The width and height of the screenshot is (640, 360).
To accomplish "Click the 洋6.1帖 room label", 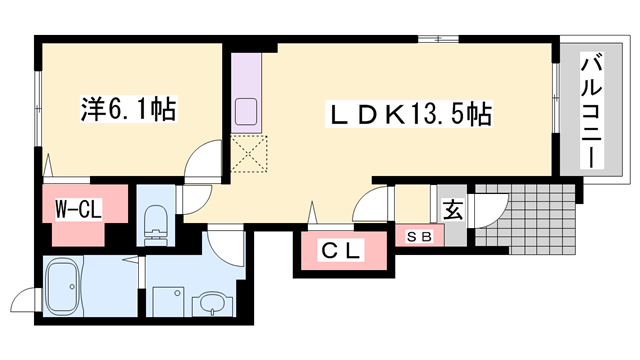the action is tap(129, 109).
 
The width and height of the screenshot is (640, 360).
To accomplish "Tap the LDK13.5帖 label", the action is tap(409, 114).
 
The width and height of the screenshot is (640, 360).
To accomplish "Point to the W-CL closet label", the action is tap(78, 210).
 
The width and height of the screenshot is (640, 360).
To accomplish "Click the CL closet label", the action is tap(342, 250).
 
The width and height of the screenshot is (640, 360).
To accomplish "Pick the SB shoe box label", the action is tap(419, 237).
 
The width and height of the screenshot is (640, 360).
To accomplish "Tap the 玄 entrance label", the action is tap(453, 210).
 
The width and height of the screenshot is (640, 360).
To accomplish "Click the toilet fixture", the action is tap(156, 225).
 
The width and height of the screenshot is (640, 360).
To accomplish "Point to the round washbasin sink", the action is tap(211, 303).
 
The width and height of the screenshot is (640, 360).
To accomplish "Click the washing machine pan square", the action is tap(169, 301).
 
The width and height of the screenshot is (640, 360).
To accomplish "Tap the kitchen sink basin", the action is tap(246, 112).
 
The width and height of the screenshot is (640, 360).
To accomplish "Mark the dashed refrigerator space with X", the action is tap(249, 154).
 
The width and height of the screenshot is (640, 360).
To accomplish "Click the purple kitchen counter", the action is tap(246, 93).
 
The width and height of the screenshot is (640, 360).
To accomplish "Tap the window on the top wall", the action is tap(438, 39).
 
